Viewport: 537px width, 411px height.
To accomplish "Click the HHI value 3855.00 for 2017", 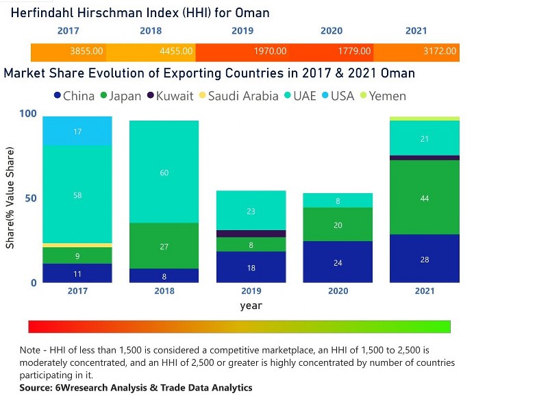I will tap(87, 51).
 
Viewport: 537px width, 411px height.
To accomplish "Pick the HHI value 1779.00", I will tap(355, 51).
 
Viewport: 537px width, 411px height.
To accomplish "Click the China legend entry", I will tap(74, 96).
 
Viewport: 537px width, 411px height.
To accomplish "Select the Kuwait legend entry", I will tap(168, 96).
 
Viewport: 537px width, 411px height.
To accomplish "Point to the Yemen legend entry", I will tap(382, 96).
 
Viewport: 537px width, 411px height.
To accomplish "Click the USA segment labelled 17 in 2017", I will tap(77, 131).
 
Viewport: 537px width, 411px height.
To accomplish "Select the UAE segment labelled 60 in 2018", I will tap(164, 172).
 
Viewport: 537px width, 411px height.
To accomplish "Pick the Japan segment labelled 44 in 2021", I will tap(425, 197).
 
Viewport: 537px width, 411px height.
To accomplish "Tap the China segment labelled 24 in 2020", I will tap(338, 262).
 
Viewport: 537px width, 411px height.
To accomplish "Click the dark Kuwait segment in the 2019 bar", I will tap(251, 234).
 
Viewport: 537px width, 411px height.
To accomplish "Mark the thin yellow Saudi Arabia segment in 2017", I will tap(77, 245).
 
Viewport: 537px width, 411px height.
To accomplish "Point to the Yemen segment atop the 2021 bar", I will tap(425, 119).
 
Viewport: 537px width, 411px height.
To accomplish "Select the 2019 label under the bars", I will tap(251, 291).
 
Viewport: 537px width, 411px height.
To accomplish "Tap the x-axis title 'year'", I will tap(251, 306).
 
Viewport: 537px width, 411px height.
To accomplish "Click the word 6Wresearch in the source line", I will tap(81, 388).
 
